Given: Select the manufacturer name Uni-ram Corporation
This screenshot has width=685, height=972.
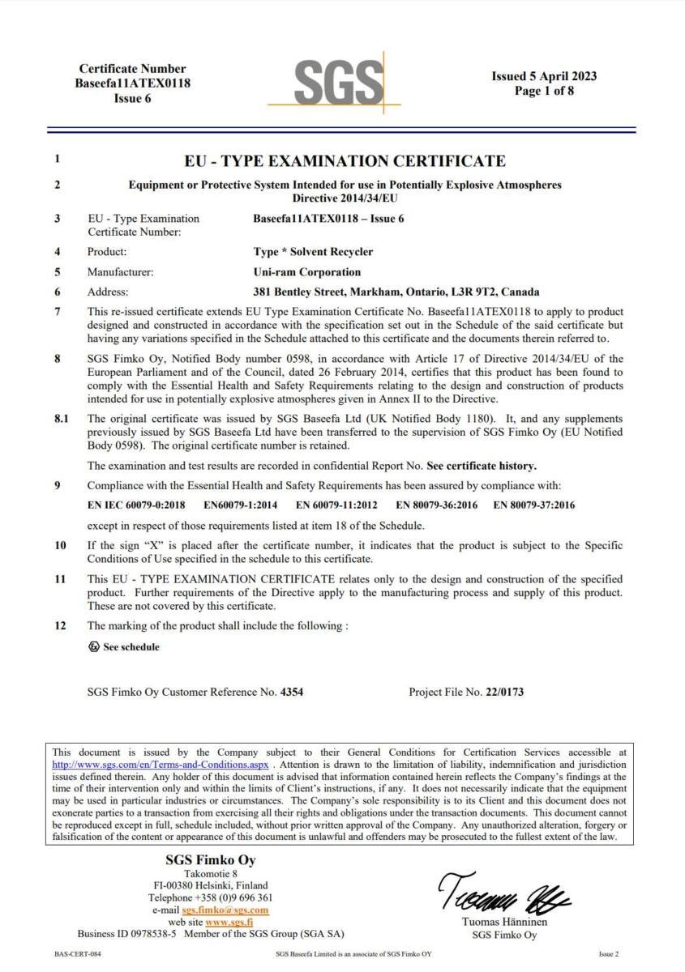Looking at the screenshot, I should (306, 272).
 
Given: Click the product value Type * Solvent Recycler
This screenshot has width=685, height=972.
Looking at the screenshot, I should (302, 252).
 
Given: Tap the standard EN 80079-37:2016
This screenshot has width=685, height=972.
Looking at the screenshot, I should (533, 505).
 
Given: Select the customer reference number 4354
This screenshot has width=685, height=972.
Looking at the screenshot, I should (292, 693).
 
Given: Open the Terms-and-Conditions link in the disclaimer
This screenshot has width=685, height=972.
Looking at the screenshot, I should (160, 764).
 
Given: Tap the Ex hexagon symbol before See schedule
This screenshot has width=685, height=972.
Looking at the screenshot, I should (93, 646).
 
